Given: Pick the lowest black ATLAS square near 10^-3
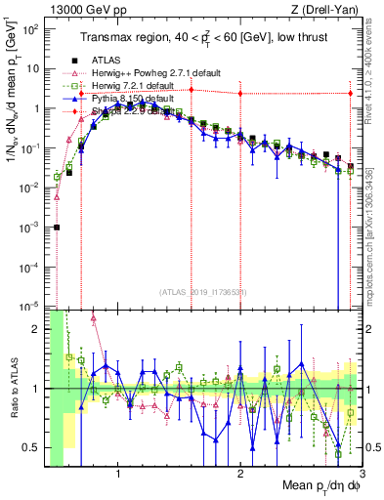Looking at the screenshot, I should coord(57,227).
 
